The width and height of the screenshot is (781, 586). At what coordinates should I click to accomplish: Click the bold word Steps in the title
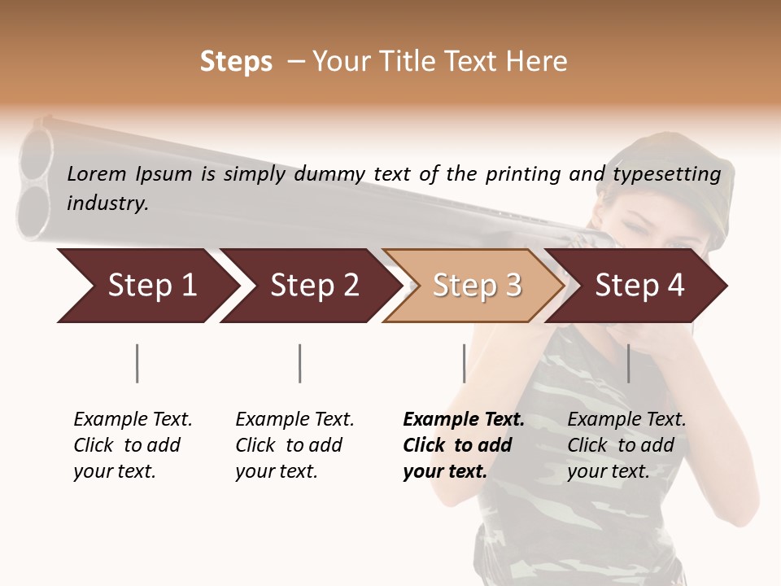click(236, 62)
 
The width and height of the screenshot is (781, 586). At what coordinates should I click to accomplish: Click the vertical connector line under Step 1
click(137, 363)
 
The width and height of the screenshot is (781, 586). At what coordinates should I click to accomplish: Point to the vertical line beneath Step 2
click(300, 363)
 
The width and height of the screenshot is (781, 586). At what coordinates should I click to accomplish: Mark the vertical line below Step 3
click(464, 363)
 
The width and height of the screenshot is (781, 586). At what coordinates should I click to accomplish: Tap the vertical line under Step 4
click(628, 363)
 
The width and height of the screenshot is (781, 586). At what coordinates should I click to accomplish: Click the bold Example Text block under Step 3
click(463, 445)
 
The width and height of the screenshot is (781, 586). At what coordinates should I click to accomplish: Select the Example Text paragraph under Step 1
click(133, 445)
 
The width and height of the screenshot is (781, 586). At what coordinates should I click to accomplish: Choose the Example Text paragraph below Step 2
click(295, 445)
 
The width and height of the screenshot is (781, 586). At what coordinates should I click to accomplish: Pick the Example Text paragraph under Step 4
click(626, 445)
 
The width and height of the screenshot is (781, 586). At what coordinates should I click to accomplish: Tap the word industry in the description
click(107, 203)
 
